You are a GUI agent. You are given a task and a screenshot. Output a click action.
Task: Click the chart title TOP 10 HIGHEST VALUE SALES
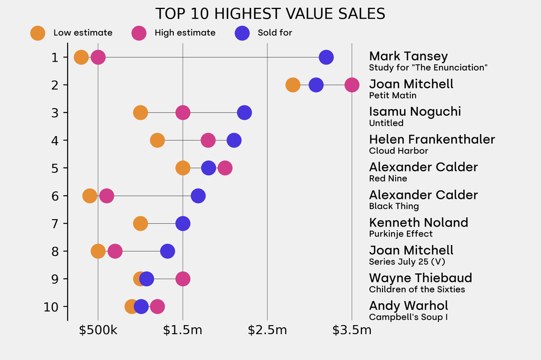(x=270, y=14)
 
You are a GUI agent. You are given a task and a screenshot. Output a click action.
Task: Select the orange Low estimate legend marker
(x=38, y=33)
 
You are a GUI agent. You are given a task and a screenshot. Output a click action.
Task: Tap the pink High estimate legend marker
(x=139, y=33)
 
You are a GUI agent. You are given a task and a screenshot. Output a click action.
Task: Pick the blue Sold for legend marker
(x=242, y=33)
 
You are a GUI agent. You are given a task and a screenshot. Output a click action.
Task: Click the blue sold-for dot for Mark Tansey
(x=326, y=57)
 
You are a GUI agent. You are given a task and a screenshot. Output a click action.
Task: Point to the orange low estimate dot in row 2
(x=293, y=84)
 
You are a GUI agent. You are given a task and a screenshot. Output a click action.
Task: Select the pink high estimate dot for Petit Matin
(x=352, y=84)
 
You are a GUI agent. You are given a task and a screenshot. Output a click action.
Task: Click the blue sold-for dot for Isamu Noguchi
(x=244, y=112)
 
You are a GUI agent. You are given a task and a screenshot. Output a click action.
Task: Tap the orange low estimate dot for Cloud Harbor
(x=157, y=140)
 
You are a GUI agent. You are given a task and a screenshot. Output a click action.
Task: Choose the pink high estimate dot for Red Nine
(x=225, y=168)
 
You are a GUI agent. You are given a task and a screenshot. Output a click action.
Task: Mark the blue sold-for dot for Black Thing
(x=198, y=196)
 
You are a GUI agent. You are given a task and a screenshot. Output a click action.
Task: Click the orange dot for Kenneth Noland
(x=140, y=223)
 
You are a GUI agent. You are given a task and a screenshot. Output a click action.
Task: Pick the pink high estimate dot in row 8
(x=115, y=251)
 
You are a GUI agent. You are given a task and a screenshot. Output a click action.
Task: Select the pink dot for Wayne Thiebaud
(x=183, y=279)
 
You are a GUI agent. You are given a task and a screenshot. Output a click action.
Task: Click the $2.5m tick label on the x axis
(x=267, y=330)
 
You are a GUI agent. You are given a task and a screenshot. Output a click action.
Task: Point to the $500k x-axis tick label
(x=98, y=330)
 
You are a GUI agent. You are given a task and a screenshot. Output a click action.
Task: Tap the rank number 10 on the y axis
(x=51, y=307)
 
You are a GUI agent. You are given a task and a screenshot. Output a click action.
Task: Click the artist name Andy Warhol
(x=408, y=306)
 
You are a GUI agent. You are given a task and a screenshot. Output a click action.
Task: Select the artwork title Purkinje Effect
(x=400, y=234)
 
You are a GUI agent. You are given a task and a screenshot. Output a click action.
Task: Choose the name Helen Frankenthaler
(x=432, y=139)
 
